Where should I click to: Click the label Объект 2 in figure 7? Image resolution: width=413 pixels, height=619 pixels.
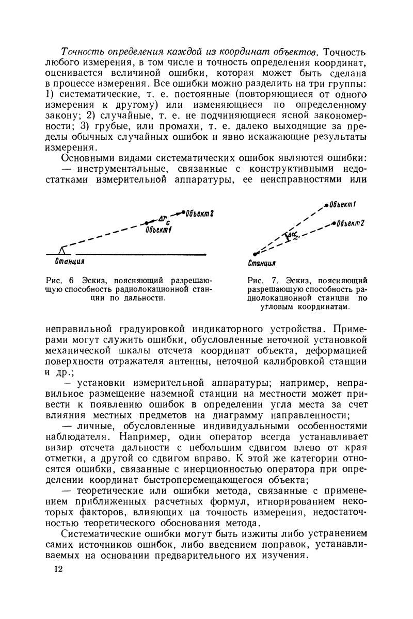352,223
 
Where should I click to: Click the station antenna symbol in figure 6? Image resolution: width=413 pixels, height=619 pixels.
63,250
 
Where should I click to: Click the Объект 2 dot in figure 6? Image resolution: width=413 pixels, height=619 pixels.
183,213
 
